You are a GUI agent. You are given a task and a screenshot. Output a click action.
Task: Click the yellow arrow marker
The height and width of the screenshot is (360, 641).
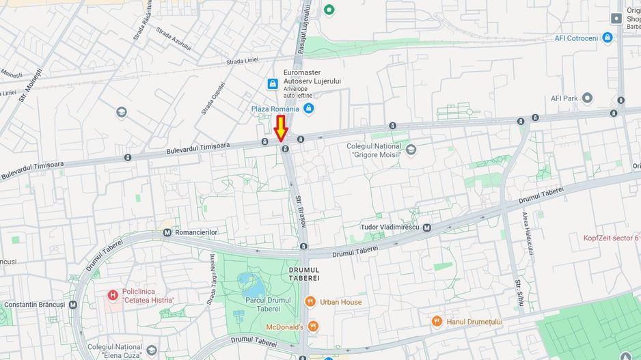[280, 129]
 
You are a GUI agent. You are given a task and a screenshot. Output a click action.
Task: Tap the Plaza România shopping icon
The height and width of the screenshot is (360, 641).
[308, 109]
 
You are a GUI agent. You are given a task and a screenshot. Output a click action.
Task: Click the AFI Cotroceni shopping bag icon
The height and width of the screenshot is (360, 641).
[607, 38]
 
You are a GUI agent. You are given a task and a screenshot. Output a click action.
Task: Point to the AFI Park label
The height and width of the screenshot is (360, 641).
[564, 98]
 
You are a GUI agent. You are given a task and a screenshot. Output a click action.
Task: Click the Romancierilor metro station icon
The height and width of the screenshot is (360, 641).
[167, 232]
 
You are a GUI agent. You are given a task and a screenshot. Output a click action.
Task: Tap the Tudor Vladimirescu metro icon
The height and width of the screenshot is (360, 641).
[426, 227]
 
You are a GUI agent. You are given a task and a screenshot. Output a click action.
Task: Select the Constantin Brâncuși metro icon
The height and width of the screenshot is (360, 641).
[72, 305]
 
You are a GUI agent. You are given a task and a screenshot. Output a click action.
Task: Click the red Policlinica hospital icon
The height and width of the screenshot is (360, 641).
[113, 295]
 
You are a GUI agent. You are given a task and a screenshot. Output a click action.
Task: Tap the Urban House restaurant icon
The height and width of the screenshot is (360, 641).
[310, 302]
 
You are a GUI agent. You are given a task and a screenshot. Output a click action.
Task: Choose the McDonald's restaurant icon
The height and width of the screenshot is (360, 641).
[313, 327]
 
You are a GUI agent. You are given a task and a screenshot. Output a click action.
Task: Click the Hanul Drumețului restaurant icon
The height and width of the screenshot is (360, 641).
[437, 321]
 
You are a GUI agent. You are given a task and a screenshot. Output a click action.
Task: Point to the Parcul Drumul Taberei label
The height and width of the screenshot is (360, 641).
[268, 305]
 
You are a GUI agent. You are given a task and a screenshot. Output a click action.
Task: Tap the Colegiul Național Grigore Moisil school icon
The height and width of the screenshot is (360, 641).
[411, 150]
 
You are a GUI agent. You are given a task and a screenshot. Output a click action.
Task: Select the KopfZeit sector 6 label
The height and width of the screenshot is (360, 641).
[610, 238]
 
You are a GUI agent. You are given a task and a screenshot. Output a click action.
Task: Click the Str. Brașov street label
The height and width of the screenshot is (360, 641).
[300, 211]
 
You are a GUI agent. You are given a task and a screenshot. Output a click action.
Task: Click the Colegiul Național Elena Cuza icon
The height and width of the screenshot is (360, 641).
[152, 350]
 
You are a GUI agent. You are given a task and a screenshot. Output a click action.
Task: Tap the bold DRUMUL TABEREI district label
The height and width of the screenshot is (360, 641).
[299, 274]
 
